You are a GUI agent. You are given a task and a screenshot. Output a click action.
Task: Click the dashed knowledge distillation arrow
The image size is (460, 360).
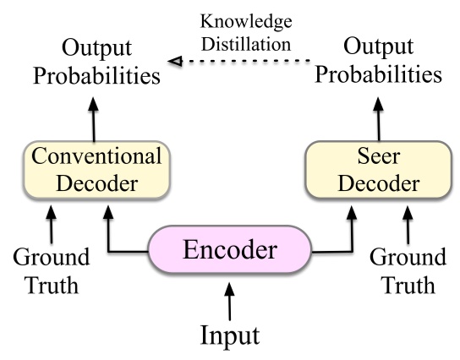coord(245,60)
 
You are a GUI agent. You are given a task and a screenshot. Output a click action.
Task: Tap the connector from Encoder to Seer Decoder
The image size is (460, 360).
coord(334,250)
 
